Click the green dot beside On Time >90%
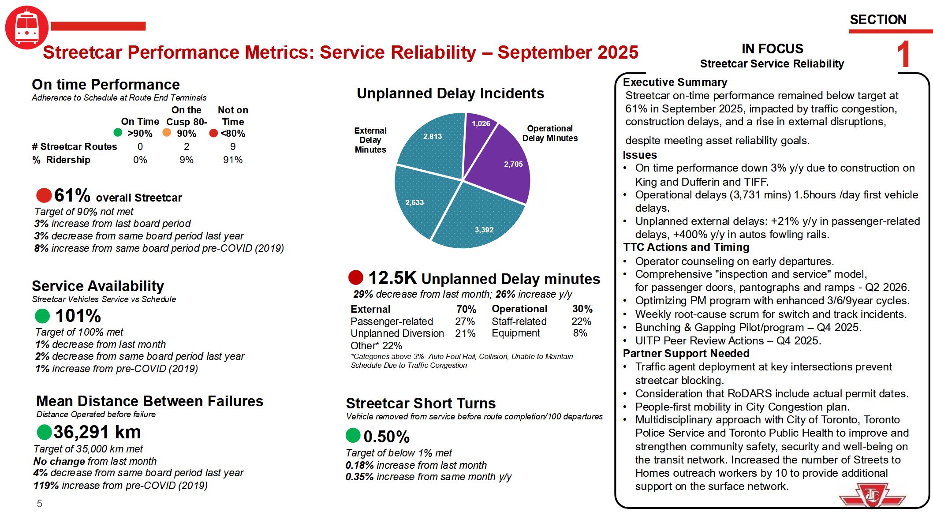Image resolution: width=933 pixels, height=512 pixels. [x=118, y=132]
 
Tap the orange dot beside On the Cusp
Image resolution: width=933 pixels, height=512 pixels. [x=167, y=132]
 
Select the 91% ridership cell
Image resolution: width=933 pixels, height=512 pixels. [x=232, y=160]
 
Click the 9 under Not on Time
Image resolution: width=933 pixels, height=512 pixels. [x=232, y=146]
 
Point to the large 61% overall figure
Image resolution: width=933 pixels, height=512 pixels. [x=72, y=195]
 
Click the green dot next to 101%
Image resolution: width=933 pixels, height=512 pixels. [x=42, y=316]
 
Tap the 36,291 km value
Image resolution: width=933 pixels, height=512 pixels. [x=97, y=432]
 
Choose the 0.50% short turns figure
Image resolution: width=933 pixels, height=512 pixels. [x=386, y=437]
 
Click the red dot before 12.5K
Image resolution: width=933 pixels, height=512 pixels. [x=356, y=277]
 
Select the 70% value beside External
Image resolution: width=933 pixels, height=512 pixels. [x=466, y=309]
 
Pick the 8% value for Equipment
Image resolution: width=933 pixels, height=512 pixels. [x=580, y=333]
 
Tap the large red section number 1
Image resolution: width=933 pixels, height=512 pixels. [x=904, y=55]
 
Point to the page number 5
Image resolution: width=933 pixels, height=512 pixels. [x=40, y=504]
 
